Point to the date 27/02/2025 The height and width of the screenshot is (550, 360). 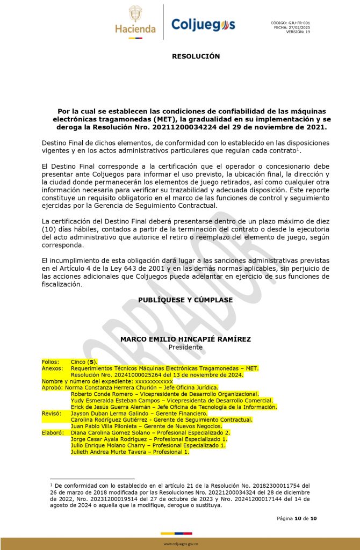click(299, 27)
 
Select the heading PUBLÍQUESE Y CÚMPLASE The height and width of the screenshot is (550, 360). click(185, 300)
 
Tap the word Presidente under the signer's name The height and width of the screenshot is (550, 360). click(185, 348)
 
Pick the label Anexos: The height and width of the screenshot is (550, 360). click(52, 368)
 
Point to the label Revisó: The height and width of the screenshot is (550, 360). click(51, 414)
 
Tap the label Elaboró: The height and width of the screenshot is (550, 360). click(53, 432)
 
